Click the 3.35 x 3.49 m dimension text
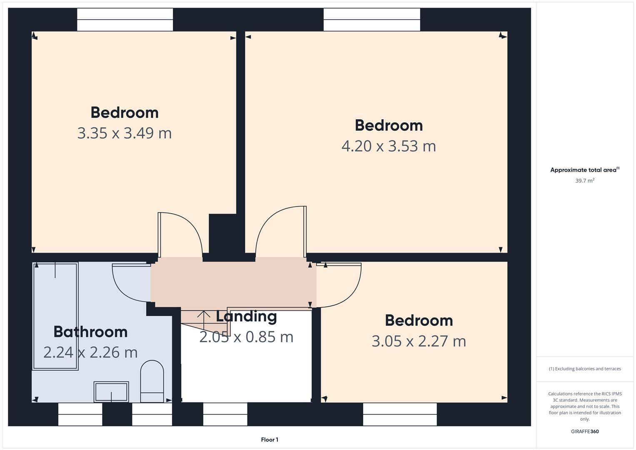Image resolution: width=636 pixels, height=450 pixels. [124, 133]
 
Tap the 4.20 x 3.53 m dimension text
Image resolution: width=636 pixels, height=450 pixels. [389, 146]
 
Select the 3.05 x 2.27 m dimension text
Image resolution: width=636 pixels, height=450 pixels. [419, 341]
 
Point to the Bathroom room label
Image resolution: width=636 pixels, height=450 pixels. [90, 332]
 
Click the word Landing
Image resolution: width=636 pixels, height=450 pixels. [246, 316]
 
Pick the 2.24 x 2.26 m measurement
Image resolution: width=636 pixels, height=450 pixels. [90, 352]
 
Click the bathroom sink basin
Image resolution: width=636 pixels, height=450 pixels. [111, 392]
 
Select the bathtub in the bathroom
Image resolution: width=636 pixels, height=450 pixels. [55, 316]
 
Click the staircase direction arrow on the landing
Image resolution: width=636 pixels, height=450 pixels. [203, 319]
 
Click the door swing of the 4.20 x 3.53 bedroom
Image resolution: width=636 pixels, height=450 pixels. [282, 231]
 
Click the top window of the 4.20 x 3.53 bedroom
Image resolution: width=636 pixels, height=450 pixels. [372, 20]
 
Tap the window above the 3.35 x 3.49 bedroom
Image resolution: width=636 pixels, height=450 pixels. [125, 20]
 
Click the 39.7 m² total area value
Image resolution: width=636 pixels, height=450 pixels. [585, 181]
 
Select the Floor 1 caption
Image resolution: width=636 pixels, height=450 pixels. [269, 440]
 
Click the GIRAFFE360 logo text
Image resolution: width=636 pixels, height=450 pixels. [585, 431]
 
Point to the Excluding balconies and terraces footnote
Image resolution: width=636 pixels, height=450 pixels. [585, 369]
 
